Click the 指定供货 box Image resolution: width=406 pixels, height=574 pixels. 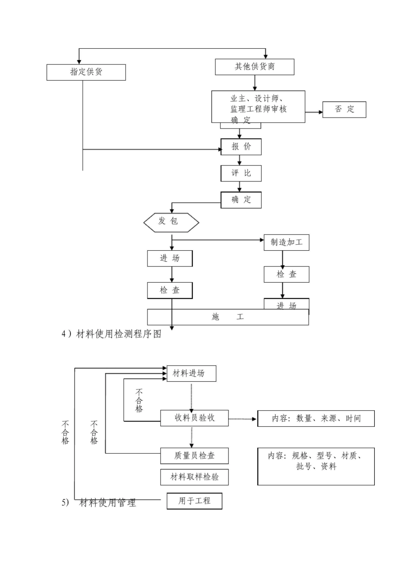(x=86, y=72)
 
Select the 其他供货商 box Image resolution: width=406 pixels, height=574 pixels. (x=254, y=67)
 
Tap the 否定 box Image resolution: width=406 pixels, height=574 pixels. (x=344, y=109)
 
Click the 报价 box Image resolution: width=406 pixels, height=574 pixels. (x=241, y=147)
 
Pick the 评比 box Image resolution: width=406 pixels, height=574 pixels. (x=241, y=173)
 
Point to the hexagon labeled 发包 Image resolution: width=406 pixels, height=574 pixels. (x=171, y=221)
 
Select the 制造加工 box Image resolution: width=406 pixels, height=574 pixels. (x=286, y=242)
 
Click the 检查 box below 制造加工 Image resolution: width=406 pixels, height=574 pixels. (x=286, y=274)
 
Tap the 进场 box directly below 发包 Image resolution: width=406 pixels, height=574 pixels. (x=170, y=258)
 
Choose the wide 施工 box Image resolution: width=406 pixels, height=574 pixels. (x=228, y=317)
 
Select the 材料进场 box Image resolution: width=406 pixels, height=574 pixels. (x=191, y=373)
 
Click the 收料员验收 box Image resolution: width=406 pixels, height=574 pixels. (x=194, y=418)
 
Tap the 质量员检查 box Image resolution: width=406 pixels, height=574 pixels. (x=194, y=456)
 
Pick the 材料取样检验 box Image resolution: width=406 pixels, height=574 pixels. (x=194, y=477)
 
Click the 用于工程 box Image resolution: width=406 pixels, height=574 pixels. (x=194, y=501)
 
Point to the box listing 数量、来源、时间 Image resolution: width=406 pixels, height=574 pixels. (x=316, y=419)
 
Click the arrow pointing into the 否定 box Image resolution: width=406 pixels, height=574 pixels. (x=314, y=112)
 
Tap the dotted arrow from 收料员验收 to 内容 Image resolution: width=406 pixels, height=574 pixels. (x=243, y=419)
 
